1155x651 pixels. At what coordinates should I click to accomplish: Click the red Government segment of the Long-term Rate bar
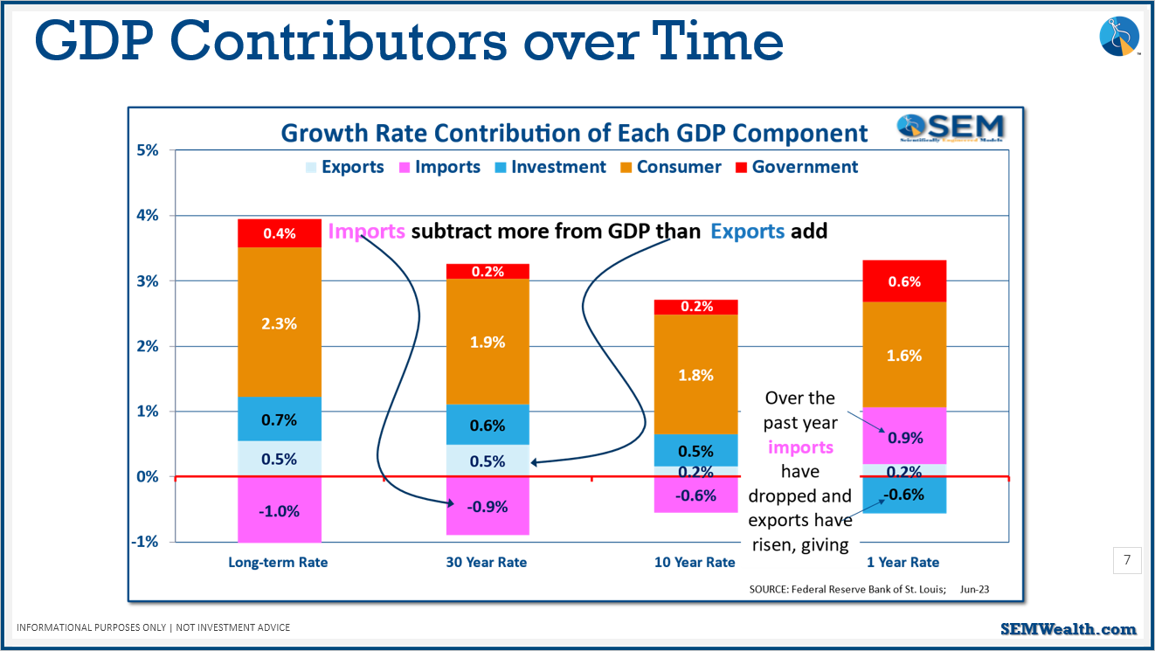click(x=280, y=233)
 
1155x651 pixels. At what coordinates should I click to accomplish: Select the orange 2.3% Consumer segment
click(x=280, y=322)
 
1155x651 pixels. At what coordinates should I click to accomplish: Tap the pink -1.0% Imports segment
click(x=280, y=511)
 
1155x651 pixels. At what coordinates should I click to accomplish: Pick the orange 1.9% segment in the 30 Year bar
click(x=488, y=342)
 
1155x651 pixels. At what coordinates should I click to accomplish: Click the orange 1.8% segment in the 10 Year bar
click(x=695, y=375)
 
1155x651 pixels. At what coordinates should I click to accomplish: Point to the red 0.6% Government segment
click(x=904, y=281)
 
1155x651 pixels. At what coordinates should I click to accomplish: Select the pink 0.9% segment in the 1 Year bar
click(x=904, y=437)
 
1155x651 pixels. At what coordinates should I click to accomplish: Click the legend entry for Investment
click(x=549, y=167)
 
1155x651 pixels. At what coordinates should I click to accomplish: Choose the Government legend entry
click(x=795, y=167)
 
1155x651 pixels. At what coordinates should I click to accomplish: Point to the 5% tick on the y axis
click(x=147, y=150)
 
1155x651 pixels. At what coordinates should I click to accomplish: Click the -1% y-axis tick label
click(x=145, y=542)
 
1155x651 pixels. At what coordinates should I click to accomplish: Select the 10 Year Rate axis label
click(x=695, y=562)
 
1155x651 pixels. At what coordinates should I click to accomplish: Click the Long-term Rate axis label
click(x=278, y=562)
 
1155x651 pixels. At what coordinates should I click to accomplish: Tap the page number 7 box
click(x=1127, y=560)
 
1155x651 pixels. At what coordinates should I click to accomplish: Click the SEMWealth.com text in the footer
click(x=1068, y=629)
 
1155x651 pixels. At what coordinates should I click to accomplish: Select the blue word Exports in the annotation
click(x=747, y=232)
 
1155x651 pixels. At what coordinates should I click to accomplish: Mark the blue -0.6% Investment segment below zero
click(x=904, y=495)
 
